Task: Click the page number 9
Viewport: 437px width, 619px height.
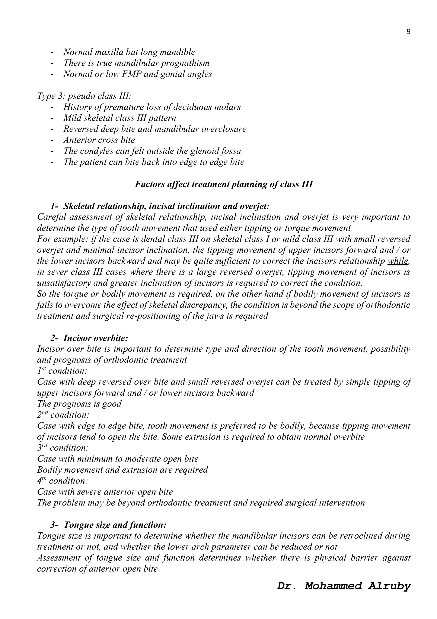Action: click(408, 32)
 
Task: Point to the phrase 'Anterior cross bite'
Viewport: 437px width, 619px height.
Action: click(99, 140)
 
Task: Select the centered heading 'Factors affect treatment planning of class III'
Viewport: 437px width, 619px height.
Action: click(224, 184)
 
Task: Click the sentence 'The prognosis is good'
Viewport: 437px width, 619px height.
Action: click(79, 404)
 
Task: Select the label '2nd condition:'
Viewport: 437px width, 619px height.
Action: click(63, 415)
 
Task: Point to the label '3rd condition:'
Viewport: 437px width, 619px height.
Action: click(63, 448)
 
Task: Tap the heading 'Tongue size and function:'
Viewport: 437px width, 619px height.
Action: click(115, 525)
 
